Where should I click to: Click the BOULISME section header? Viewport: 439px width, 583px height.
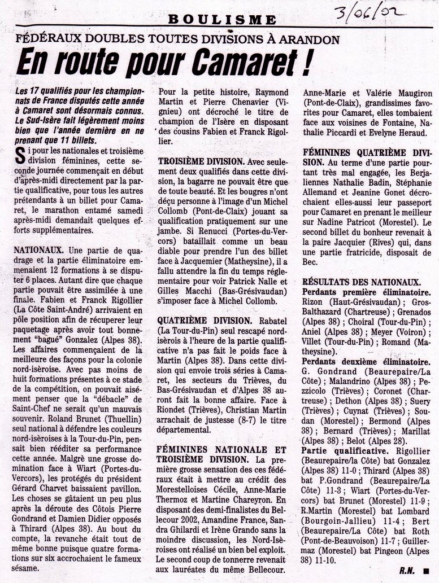click(222, 20)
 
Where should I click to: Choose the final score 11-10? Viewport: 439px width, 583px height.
click(327, 560)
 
